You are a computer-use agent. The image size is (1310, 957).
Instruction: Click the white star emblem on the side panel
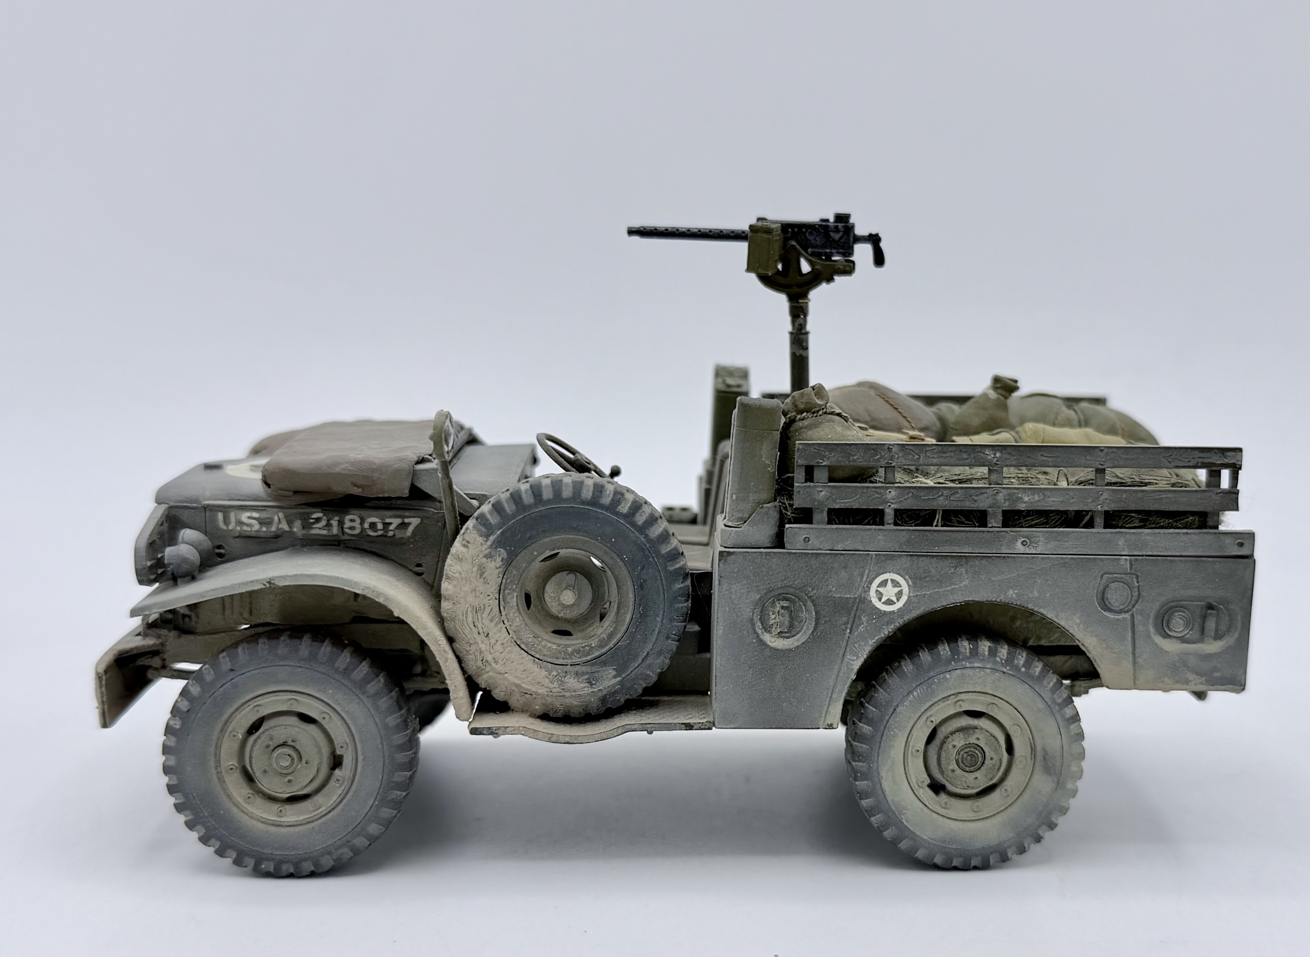tap(889, 592)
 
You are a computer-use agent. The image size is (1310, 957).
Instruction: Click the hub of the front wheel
tap(285, 758)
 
